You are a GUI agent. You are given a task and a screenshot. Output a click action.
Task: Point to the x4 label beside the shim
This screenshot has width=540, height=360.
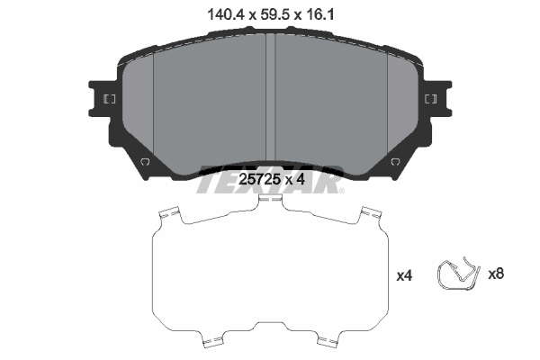point(404,276)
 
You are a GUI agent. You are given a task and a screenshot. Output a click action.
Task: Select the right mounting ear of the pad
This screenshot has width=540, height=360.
point(438,99)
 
